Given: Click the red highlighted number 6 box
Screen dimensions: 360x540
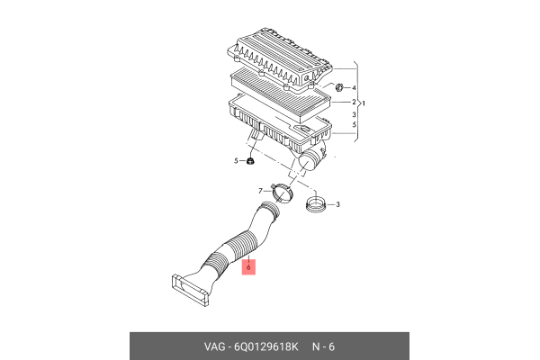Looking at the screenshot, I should [x=251, y=266].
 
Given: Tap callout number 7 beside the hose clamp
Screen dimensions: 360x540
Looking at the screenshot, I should [x=261, y=191].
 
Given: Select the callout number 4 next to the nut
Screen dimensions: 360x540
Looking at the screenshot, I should [x=355, y=88].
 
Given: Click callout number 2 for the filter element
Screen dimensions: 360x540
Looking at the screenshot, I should [x=355, y=103].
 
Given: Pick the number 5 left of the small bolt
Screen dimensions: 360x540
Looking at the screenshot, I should [x=237, y=160].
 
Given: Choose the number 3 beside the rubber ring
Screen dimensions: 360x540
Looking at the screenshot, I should [x=337, y=205].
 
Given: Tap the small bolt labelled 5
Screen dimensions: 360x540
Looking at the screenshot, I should [x=249, y=161].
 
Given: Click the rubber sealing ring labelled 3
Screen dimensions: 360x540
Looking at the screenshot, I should [x=315, y=204].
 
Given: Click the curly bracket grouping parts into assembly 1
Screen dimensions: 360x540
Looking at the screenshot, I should [x=356, y=102].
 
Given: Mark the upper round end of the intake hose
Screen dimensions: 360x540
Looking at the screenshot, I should [x=267, y=213].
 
